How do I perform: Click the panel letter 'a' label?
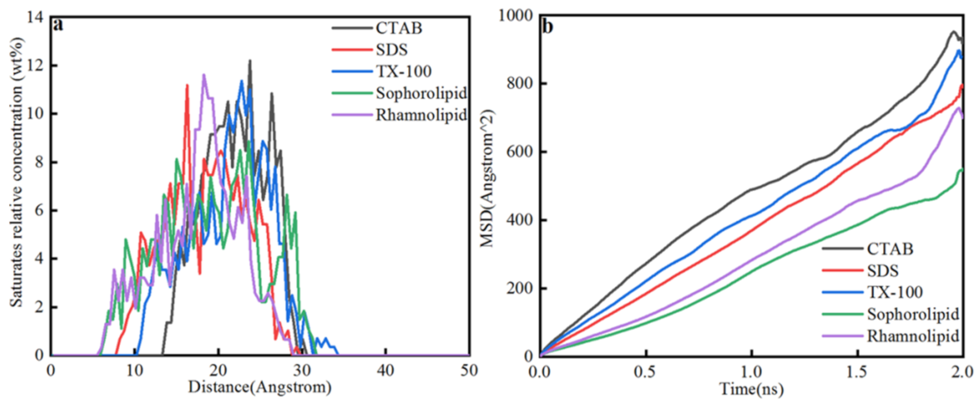tap(58, 25)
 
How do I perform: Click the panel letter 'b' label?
tap(547, 26)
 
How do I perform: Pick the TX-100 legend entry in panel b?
tap(894, 292)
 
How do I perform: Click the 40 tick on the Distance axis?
tap(385, 371)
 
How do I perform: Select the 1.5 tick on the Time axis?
tap(857, 372)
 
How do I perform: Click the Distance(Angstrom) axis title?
tap(260, 388)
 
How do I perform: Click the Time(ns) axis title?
tap(751, 390)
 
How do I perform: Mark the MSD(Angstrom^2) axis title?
tap(487, 179)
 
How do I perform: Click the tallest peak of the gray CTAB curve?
tap(250, 61)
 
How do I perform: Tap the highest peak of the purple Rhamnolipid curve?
tap(204, 75)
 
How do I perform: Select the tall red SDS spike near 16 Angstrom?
tap(187, 85)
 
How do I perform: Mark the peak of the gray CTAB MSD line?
tap(953, 32)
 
